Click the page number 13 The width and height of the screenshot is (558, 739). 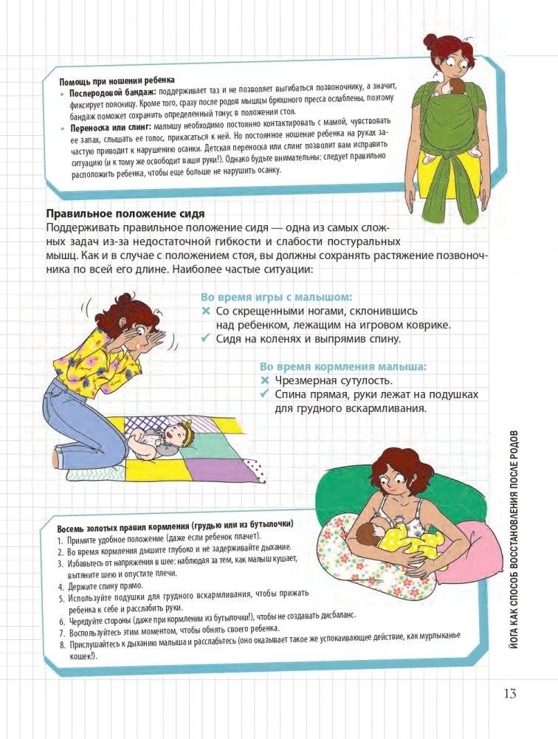(x=509, y=693)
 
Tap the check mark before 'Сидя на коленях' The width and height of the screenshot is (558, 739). (x=206, y=339)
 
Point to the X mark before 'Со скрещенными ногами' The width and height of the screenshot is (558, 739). (x=206, y=311)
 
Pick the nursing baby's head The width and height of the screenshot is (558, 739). (x=369, y=534)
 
